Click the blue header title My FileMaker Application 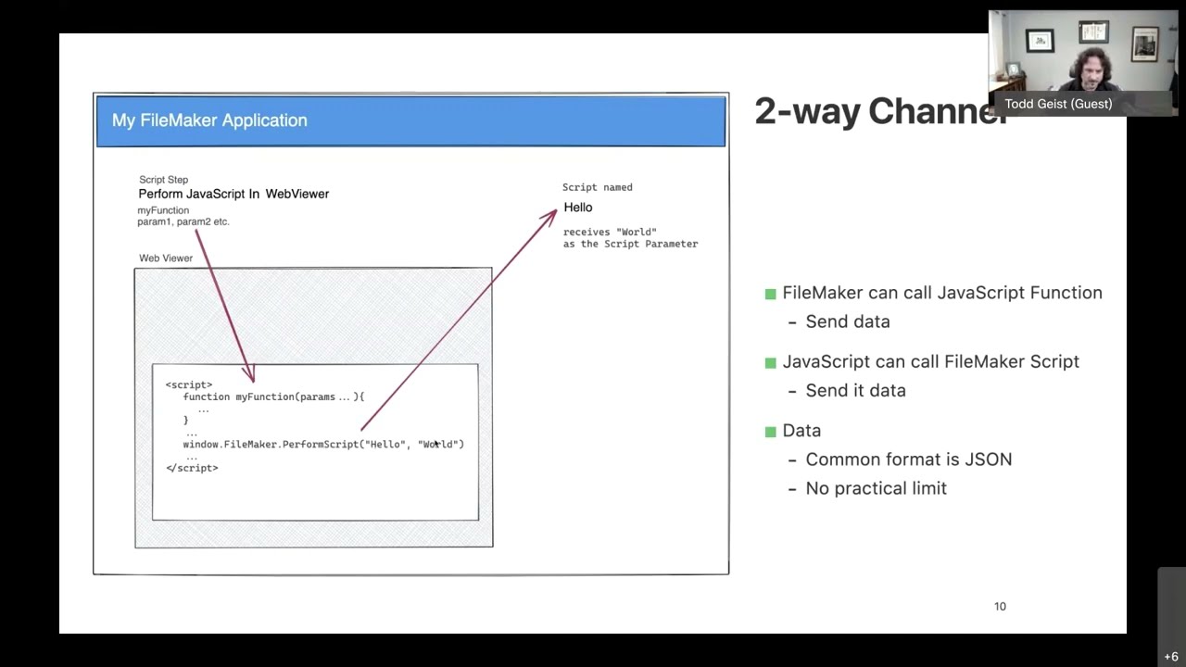pyautogui.click(x=209, y=120)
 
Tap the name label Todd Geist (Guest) pyautogui.click(x=1058, y=104)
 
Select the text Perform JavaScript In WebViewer pyautogui.click(x=233, y=194)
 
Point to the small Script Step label pyautogui.click(x=163, y=180)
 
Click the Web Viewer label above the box pyautogui.click(x=166, y=258)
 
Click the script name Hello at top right pyautogui.click(x=578, y=208)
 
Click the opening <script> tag pyautogui.click(x=189, y=384)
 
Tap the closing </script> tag pyautogui.click(x=192, y=468)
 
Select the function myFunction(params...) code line pyautogui.click(x=273, y=396)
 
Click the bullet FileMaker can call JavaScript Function pyautogui.click(x=941, y=293)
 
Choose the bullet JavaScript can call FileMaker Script pyautogui.click(x=930, y=362)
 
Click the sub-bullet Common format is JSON pyautogui.click(x=908, y=459)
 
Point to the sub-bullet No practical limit pyautogui.click(x=876, y=488)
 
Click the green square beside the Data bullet pyautogui.click(x=770, y=432)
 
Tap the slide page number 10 pyautogui.click(x=1000, y=607)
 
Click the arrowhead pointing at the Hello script pyautogui.click(x=551, y=214)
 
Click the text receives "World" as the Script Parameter pyautogui.click(x=630, y=238)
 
